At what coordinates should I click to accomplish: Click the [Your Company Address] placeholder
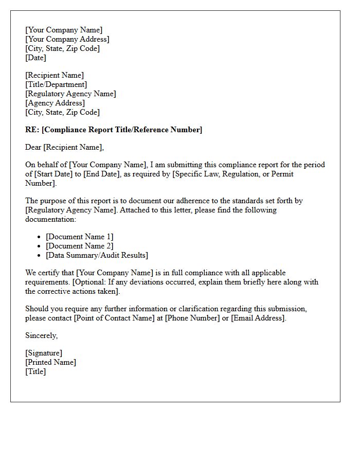click(x=67, y=39)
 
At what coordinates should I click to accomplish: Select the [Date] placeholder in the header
click(x=36, y=58)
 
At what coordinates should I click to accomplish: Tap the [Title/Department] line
click(x=56, y=84)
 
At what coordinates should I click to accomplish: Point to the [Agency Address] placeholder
click(x=55, y=103)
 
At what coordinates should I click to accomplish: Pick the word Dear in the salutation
click(x=33, y=147)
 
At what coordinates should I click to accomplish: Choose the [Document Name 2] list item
click(x=80, y=246)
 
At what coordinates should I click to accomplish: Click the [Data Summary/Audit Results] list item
click(x=97, y=255)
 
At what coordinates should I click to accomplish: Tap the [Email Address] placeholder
click(x=257, y=318)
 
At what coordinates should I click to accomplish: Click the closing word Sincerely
click(x=41, y=335)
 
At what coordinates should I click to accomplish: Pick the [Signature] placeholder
click(x=44, y=353)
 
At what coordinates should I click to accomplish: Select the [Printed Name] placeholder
click(x=50, y=362)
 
